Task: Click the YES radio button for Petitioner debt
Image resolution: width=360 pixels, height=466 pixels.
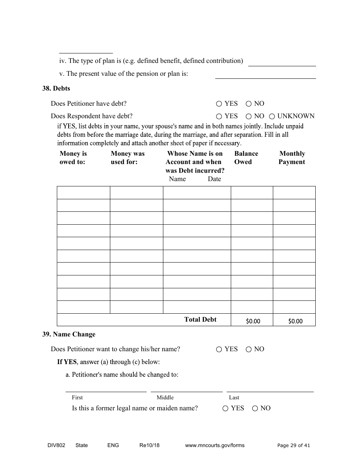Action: [x=219, y=104]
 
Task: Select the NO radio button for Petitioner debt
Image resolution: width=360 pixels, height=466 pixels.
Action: [x=249, y=104]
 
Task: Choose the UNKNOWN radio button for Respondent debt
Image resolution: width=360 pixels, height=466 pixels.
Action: [x=272, y=116]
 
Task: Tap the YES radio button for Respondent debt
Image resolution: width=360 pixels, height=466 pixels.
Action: [x=219, y=116]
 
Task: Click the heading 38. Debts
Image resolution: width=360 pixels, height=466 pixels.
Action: [x=56, y=88]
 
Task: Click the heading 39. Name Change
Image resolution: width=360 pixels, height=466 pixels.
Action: [x=69, y=334]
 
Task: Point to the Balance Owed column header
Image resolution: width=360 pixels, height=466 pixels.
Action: [x=246, y=158]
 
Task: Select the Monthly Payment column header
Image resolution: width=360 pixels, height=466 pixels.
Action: [x=292, y=158]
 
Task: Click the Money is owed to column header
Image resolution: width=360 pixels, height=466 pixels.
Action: [x=73, y=158]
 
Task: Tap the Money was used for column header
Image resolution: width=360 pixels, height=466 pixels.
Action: [x=127, y=158]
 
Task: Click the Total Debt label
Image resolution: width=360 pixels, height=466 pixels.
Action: [x=200, y=319]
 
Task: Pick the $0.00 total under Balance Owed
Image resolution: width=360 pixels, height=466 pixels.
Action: [x=253, y=321]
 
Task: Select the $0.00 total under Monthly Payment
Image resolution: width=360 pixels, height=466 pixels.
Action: [x=295, y=321]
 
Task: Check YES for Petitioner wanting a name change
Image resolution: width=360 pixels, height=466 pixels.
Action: [x=219, y=349]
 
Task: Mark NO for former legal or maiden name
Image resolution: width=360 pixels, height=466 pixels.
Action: [x=255, y=408]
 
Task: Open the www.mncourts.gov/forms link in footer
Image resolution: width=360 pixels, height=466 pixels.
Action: [x=214, y=445]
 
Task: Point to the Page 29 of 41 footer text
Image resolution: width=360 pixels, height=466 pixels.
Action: [x=293, y=445]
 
